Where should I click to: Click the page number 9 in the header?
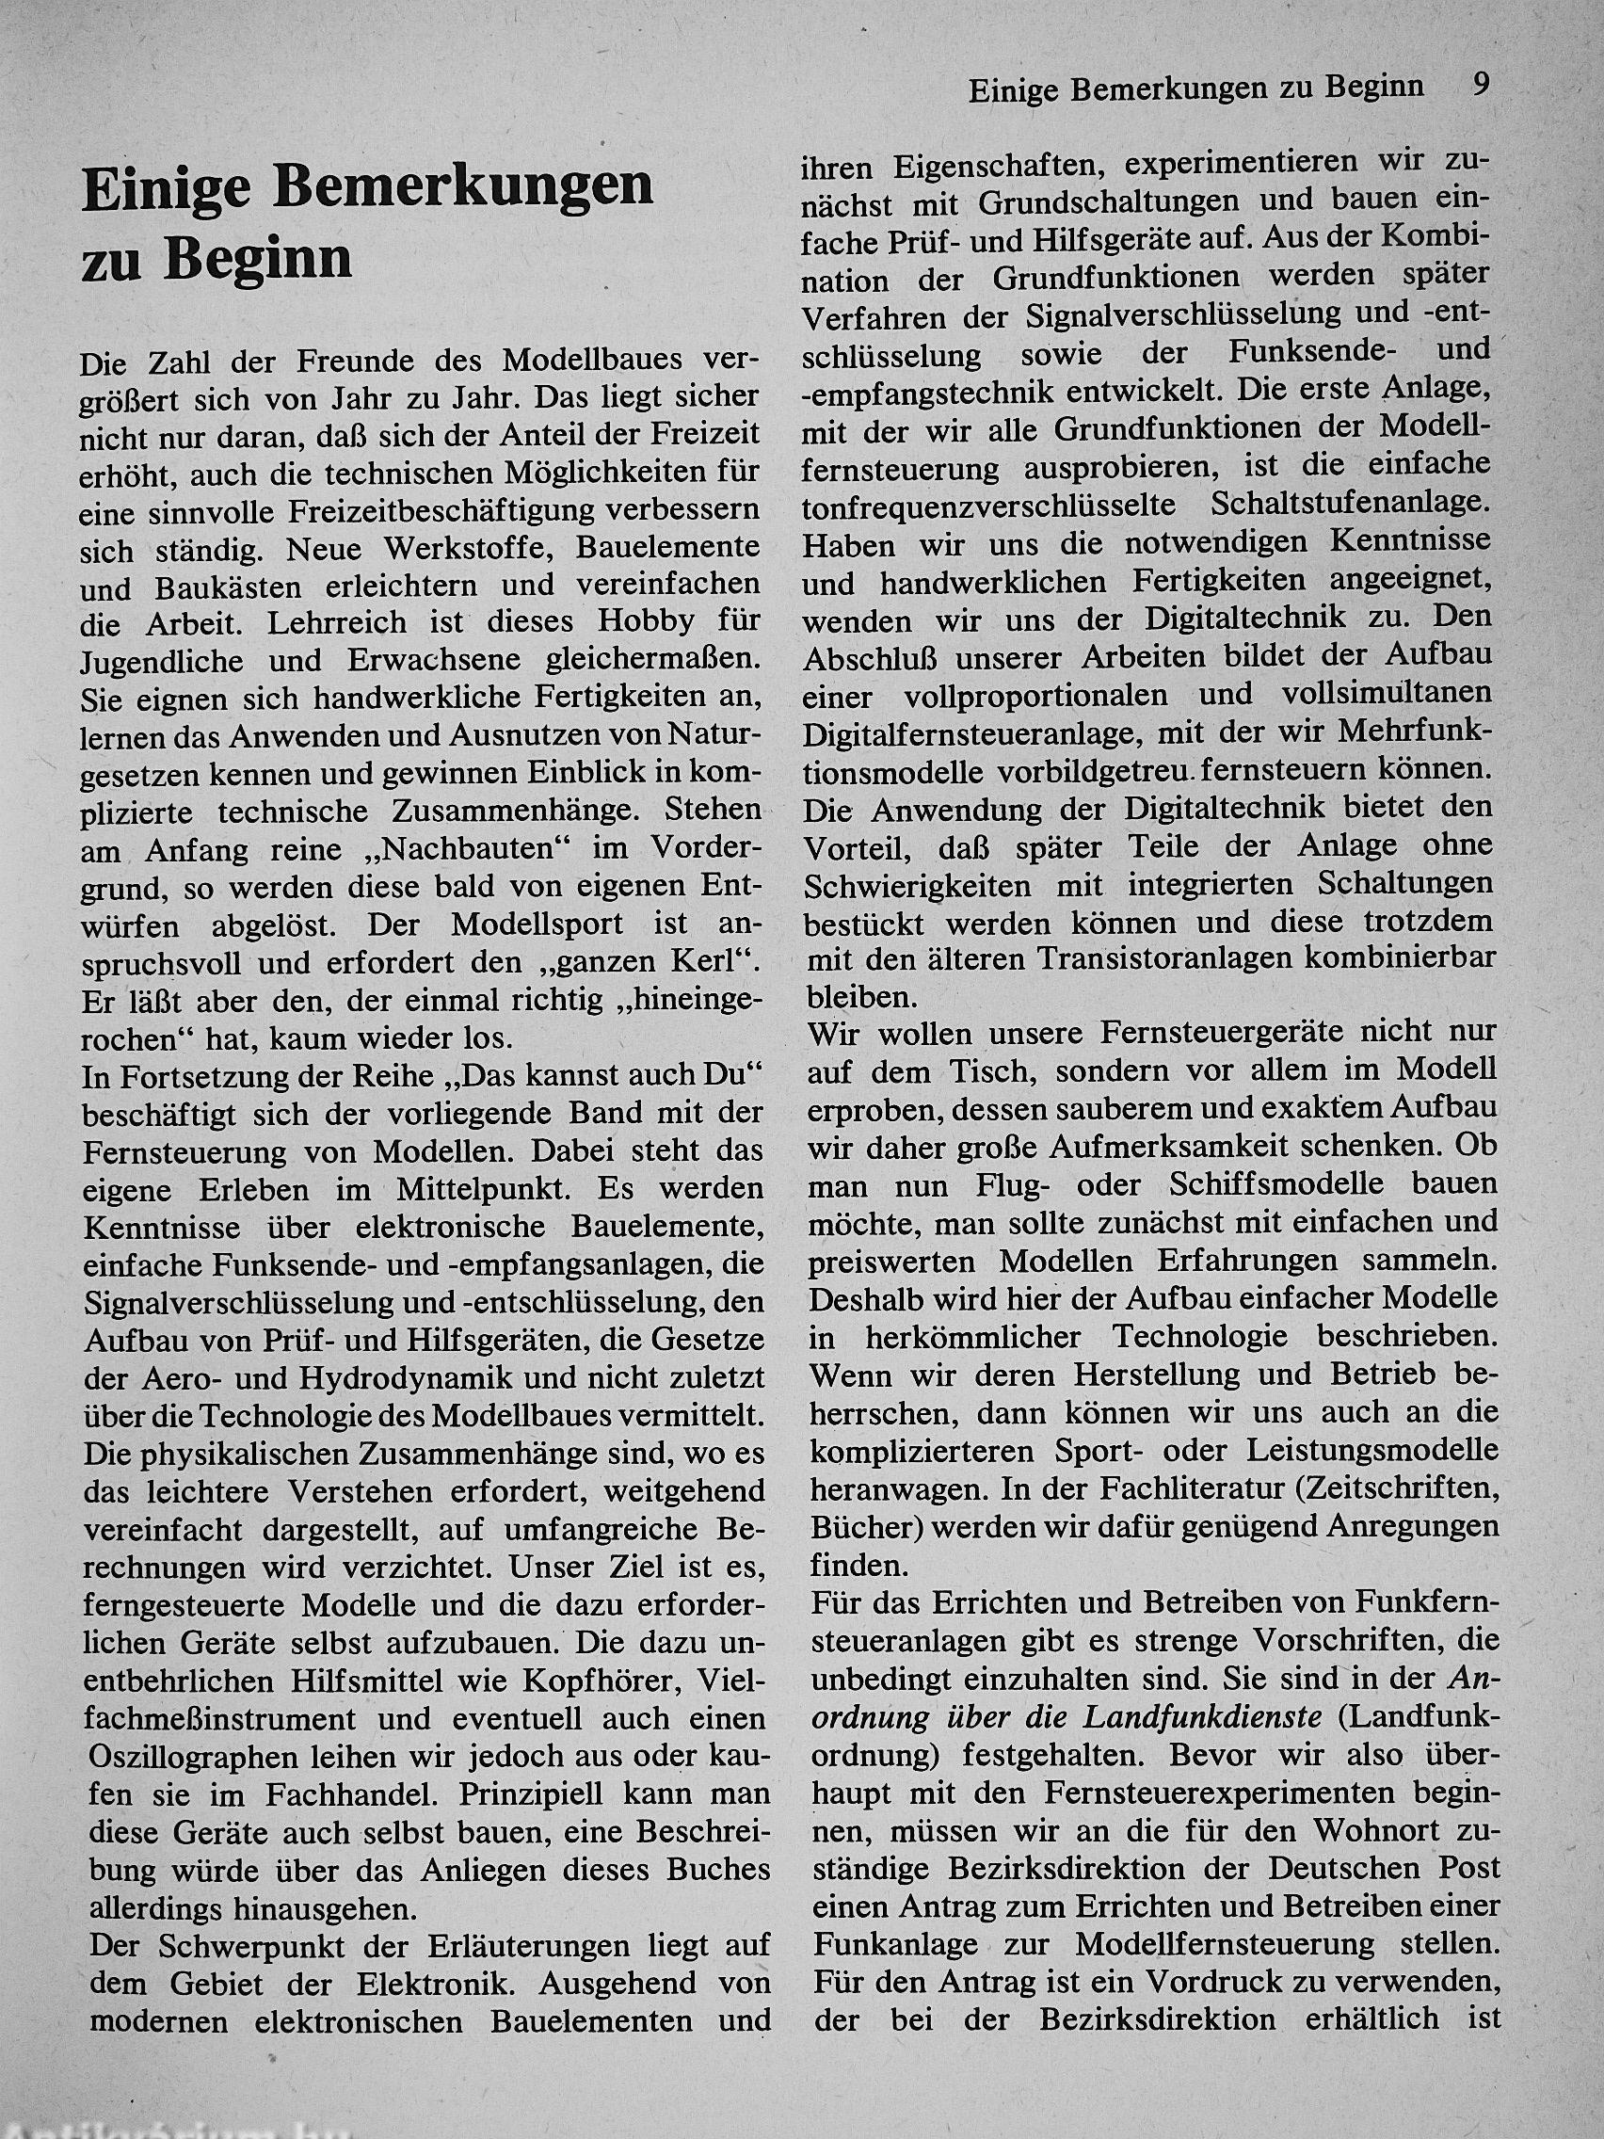point(1481,86)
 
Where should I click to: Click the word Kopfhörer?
point(604,1681)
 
